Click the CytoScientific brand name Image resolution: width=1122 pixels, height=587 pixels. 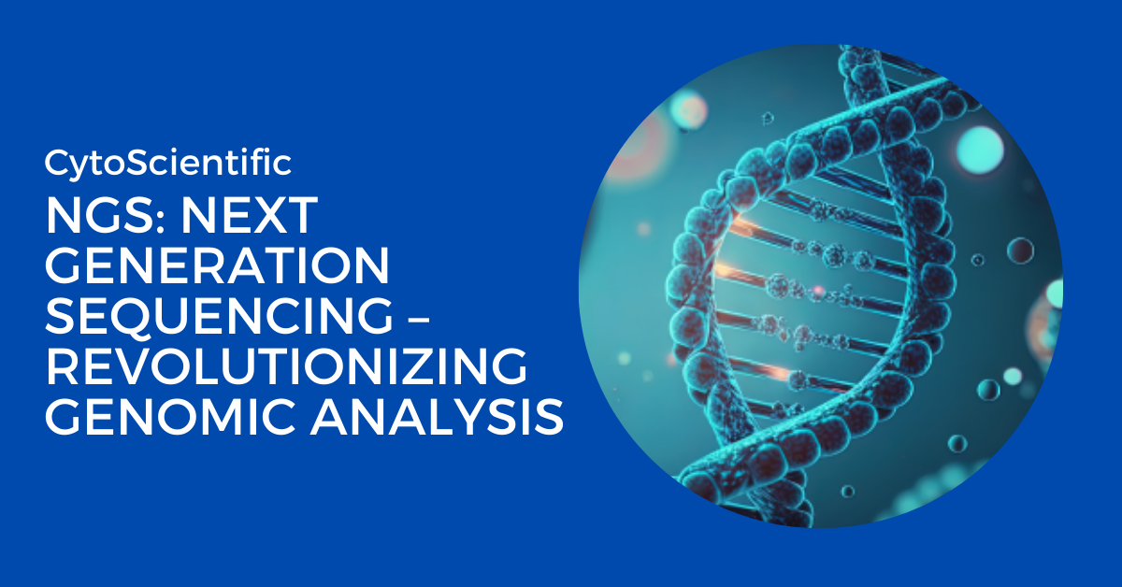click(x=168, y=164)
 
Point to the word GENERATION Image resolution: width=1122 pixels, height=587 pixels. click(x=217, y=267)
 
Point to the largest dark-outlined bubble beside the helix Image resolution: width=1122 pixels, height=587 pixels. click(x=1020, y=250)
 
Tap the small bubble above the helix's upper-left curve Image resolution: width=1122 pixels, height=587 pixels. click(x=769, y=119)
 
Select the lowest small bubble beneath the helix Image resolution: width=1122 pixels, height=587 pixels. click(x=847, y=491)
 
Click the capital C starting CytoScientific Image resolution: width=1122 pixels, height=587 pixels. click(x=55, y=164)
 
